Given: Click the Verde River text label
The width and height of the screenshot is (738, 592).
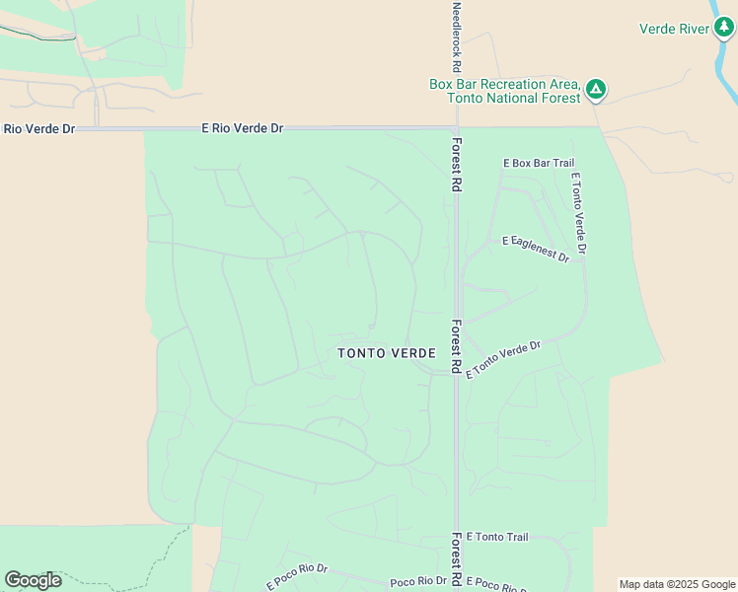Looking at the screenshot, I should tap(674, 29).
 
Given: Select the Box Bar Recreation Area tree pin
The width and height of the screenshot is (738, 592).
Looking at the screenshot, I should tap(596, 90).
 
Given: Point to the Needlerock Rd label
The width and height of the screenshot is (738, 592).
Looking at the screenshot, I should tap(456, 37).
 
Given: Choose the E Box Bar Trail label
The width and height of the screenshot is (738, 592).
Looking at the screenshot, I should tap(538, 163).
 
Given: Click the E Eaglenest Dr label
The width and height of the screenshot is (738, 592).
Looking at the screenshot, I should tap(536, 248).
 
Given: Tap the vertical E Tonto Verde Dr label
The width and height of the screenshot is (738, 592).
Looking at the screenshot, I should tap(578, 214).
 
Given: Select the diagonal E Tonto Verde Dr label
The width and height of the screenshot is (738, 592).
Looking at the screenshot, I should tap(503, 360).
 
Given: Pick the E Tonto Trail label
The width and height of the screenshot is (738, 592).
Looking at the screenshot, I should tap(497, 537).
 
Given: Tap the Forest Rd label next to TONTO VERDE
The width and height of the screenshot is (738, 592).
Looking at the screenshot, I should tap(456, 345).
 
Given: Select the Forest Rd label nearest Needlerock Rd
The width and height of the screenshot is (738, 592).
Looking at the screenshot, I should tap(457, 163).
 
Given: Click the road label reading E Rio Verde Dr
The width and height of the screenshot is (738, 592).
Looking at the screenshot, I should tap(242, 128).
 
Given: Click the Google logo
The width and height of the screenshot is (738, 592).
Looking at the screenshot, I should tap(33, 580).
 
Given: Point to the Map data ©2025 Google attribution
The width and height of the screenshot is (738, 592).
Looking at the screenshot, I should tap(677, 584).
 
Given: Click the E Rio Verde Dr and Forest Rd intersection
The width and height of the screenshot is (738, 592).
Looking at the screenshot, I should tap(456, 128).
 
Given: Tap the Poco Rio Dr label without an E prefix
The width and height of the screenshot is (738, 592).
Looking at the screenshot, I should tap(418, 582).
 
